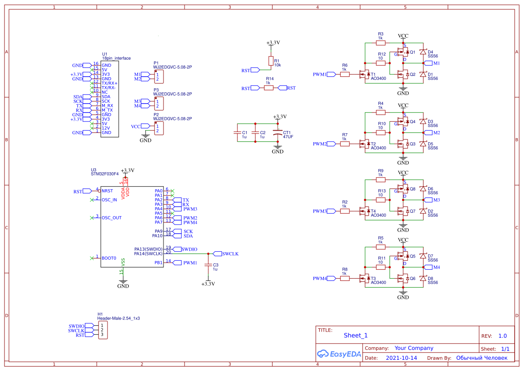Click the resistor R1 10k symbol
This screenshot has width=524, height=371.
coord(270,61)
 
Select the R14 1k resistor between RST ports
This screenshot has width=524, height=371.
coord(269,88)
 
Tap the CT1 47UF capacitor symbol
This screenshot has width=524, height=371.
coord(278,134)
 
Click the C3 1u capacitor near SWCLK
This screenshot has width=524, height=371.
coord(207,265)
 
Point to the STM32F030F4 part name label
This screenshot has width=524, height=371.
coord(105,174)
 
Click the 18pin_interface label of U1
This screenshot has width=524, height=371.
coord(116,58)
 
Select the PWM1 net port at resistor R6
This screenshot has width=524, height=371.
coord(331,74)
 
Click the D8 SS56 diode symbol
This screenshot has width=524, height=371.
coord(422,279)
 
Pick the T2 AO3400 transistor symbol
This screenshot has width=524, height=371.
coord(366,144)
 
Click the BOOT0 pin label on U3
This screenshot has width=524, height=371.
coord(109,258)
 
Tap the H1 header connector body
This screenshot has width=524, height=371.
coord(103,330)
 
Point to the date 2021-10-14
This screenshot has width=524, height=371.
coord(401,358)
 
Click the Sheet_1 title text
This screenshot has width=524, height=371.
coord(356,335)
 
